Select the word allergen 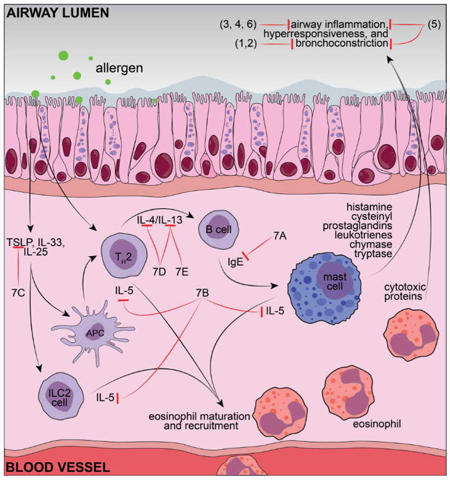pyautogui.click(x=120, y=68)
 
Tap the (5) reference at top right pyautogui.click(x=434, y=24)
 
